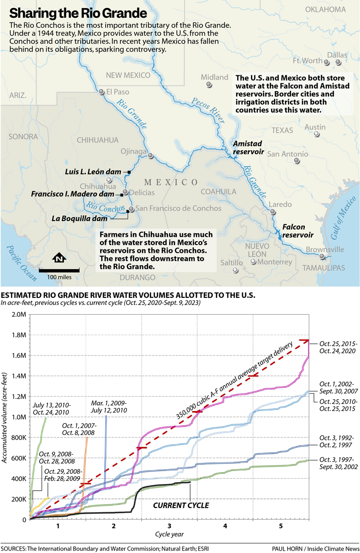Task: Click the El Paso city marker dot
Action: click(101, 92)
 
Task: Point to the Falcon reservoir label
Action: click(297, 231)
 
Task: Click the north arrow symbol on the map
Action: click(59, 258)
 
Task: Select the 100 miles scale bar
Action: click(59, 270)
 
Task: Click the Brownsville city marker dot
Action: click(322, 257)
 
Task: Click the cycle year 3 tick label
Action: click(169, 526)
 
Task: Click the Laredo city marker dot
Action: click(273, 212)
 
